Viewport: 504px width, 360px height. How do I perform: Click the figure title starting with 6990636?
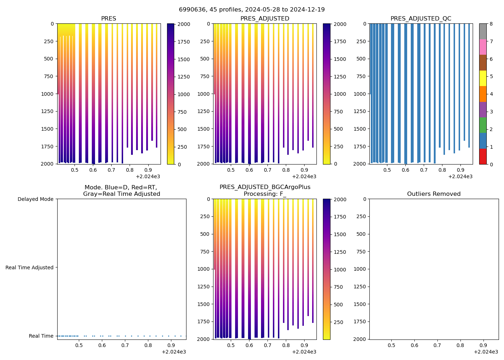(252, 9)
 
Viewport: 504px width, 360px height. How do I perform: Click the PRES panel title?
(108, 19)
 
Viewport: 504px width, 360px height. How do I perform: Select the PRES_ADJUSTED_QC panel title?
(421, 19)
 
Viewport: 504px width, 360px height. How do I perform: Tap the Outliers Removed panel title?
(434, 194)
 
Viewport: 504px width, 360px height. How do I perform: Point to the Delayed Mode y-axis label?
(35, 199)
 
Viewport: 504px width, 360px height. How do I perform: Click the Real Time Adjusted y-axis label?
(29, 267)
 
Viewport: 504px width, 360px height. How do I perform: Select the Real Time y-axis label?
(41, 336)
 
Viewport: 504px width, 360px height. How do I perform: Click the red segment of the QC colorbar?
(483, 156)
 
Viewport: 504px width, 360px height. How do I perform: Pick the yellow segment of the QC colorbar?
(483, 78)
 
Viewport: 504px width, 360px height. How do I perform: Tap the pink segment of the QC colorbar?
(483, 47)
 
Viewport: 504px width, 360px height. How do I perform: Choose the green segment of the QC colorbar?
(483, 125)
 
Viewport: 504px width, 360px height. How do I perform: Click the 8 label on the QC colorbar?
(491, 24)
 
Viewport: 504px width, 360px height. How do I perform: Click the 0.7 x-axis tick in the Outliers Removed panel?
(437, 346)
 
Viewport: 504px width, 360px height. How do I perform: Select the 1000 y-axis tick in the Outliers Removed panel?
(361, 269)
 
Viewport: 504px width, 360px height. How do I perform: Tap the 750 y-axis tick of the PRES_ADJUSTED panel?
(205, 76)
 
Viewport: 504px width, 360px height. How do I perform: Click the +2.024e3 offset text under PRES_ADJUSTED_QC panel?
(460, 176)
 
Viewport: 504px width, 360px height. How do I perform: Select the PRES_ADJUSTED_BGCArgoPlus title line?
(265, 187)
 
